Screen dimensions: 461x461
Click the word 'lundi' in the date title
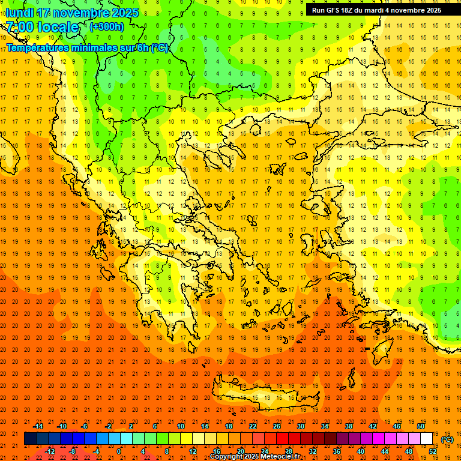19,13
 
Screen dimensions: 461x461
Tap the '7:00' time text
20,27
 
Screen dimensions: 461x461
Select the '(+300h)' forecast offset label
106,26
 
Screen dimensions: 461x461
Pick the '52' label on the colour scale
432,451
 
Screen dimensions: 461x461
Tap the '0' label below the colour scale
119,451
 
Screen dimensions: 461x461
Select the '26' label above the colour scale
277,426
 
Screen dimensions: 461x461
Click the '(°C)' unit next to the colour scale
447,439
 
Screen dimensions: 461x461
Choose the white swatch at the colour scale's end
426,439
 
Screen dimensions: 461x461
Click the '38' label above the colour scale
349,426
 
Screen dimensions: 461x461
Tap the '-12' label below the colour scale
50,451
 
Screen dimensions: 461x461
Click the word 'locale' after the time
58,27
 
